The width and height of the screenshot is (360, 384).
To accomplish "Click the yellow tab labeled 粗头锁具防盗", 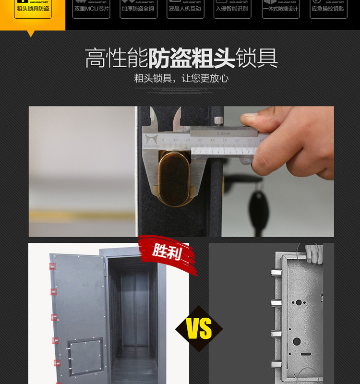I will point(33,9).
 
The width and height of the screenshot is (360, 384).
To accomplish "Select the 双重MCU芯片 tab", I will point(91,9).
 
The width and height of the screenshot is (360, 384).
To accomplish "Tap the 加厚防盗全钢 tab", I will point(138,9).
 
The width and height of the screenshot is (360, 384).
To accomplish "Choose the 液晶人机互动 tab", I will point(185,9).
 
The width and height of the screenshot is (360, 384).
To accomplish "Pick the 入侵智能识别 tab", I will point(232,9).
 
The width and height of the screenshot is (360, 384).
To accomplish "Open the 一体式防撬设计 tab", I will point(281,9).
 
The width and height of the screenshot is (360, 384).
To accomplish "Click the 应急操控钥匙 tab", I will point(328,9).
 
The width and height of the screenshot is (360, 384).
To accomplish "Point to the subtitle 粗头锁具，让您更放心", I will point(181,78).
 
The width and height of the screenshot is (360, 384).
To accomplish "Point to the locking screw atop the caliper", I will point(218,120).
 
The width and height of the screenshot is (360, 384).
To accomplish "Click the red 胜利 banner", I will point(167,252).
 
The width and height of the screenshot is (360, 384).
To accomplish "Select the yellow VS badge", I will point(199,329).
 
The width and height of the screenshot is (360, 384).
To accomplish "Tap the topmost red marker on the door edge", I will point(52,266).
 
